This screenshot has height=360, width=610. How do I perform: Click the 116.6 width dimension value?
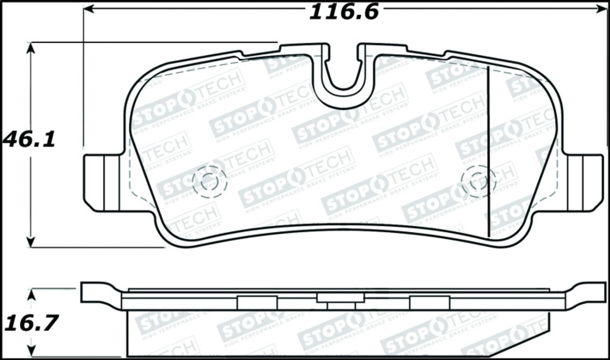(x=344, y=11)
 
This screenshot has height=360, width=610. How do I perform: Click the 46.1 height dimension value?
(x=30, y=140)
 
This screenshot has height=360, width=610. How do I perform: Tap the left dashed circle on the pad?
(x=209, y=181)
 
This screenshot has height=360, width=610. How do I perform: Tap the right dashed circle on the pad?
(x=478, y=181)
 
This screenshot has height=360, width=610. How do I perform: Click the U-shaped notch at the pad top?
(x=343, y=72)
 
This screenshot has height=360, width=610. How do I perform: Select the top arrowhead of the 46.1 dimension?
(x=31, y=48)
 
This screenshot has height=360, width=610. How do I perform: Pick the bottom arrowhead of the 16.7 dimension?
(x=31, y=351)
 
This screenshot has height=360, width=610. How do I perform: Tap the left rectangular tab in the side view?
(x=257, y=302)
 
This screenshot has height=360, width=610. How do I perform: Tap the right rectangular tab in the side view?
(x=429, y=302)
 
